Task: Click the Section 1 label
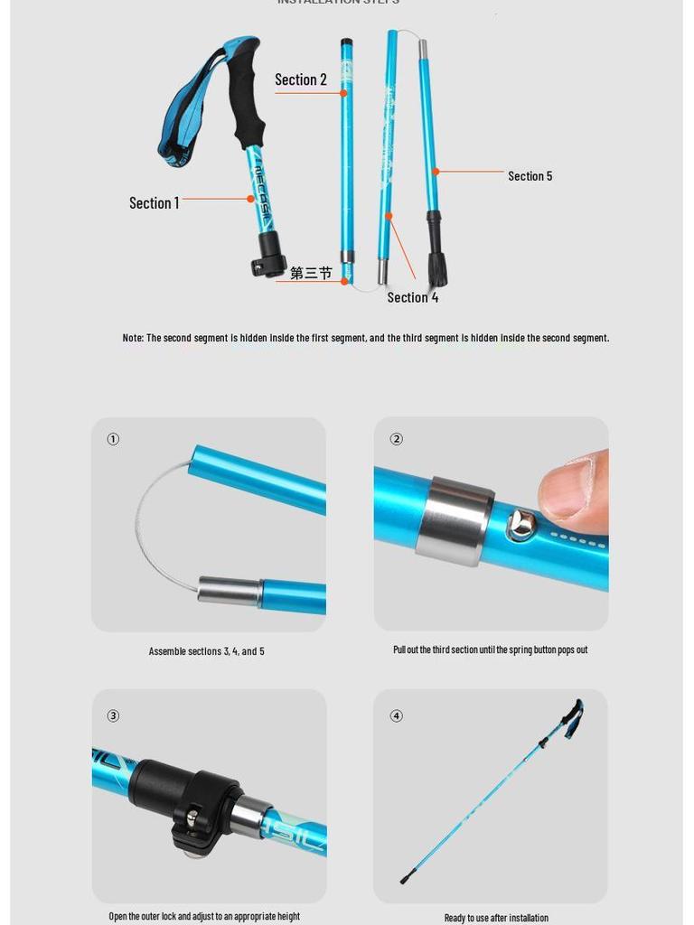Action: coord(154,203)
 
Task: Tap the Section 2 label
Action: coord(301,80)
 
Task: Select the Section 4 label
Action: coord(413,298)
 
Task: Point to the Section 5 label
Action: coord(530,176)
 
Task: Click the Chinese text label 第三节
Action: coord(311,273)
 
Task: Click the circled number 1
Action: coord(113,439)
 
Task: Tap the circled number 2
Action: coord(396,439)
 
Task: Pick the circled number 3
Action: coord(113,715)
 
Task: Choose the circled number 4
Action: coord(396,715)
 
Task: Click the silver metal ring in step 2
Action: coord(455,521)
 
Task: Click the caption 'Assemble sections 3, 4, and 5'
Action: coord(207,651)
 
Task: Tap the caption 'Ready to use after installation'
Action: coord(496,918)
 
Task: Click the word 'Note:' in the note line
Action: coord(133,338)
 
